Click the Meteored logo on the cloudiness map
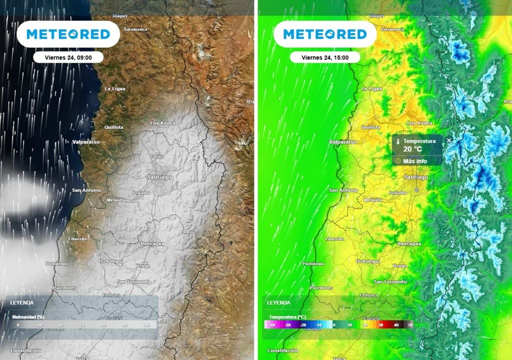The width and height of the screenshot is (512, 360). click(x=68, y=34)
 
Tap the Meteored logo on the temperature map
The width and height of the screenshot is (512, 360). click(x=325, y=34)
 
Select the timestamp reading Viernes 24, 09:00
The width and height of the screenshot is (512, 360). click(x=68, y=57)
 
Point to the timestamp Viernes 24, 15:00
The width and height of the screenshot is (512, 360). click(x=325, y=57)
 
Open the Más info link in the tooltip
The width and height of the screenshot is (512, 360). click(x=414, y=161)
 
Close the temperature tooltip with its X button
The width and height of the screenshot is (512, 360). click(x=448, y=140)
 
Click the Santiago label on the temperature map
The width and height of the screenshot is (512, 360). click(x=416, y=177)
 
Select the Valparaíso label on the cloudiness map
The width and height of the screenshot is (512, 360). click(x=86, y=142)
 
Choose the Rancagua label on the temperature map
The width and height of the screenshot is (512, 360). click(x=409, y=243)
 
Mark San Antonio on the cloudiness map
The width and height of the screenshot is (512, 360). click(x=86, y=190)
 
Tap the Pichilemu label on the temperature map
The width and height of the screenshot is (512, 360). click(x=313, y=263)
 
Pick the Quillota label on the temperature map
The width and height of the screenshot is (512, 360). click(x=370, y=127)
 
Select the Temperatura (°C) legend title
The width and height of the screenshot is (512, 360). click(x=287, y=316)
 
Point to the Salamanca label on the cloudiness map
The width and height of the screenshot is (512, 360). click(x=135, y=29)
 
